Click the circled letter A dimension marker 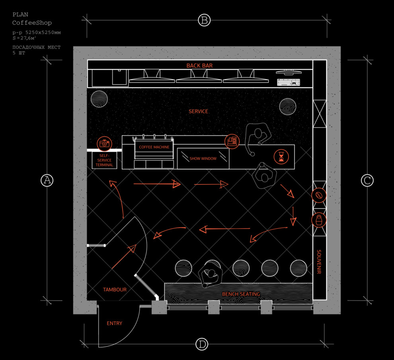[47, 180]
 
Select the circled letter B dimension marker [204, 20]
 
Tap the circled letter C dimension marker [367, 180]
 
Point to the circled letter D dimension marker [202, 344]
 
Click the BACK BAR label [199, 65]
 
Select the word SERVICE [198, 112]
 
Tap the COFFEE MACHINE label [154, 147]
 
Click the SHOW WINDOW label [203, 158]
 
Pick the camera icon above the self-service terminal [104, 143]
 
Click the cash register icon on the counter [232, 141]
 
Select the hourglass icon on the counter [281, 157]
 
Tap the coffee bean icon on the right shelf [319, 196]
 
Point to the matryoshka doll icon [319, 219]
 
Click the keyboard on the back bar [288, 82]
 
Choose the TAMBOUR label [115, 290]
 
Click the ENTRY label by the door [115, 323]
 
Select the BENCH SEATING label [241, 294]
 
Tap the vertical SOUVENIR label [319, 262]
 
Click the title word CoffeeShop [32, 23]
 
